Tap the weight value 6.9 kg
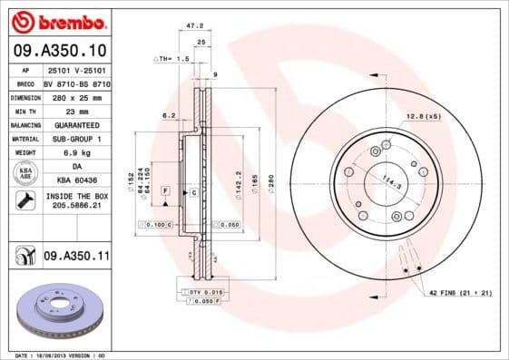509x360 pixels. pyautogui.click(x=75, y=152)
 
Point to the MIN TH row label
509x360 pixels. pyautogui.click(x=26, y=109)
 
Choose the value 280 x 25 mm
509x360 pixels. pyautogui.click(x=75, y=95)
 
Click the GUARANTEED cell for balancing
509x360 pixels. pyautogui.click(x=75, y=123)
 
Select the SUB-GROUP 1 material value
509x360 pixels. pyautogui.click(x=75, y=138)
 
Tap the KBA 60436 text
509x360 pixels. pyautogui.click(x=75, y=181)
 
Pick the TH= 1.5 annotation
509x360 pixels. pyautogui.click(x=173, y=58)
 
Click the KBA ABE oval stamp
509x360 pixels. pyautogui.click(x=26, y=174)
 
